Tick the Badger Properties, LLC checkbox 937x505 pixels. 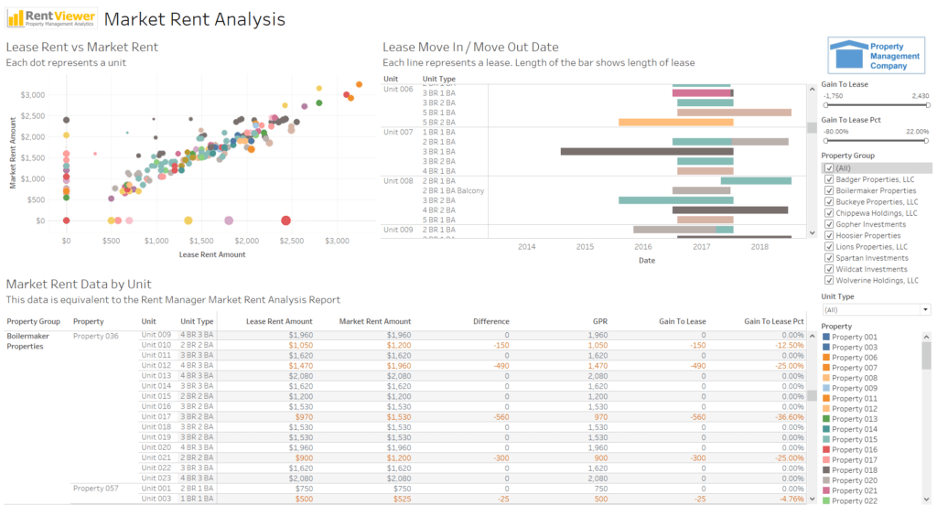coord(829,179)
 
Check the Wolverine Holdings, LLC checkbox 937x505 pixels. coord(829,280)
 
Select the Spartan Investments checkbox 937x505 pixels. coord(829,258)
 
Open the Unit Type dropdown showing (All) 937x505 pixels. coord(876,310)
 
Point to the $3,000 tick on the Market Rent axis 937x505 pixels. coord(33,95)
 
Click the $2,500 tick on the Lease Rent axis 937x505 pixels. coord(291,241)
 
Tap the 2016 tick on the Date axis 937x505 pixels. coord(643,246)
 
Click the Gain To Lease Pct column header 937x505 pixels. coord(773,321)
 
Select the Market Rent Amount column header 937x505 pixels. coord(375,321)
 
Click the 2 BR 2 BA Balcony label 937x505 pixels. coord(453,190)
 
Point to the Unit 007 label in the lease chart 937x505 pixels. coord(398,133)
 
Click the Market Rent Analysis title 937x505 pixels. coord(194,19)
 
